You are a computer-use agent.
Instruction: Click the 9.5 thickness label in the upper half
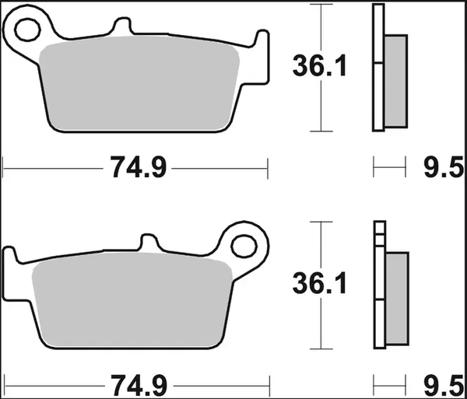point(444,166)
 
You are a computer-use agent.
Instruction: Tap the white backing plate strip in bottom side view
point(379,288)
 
